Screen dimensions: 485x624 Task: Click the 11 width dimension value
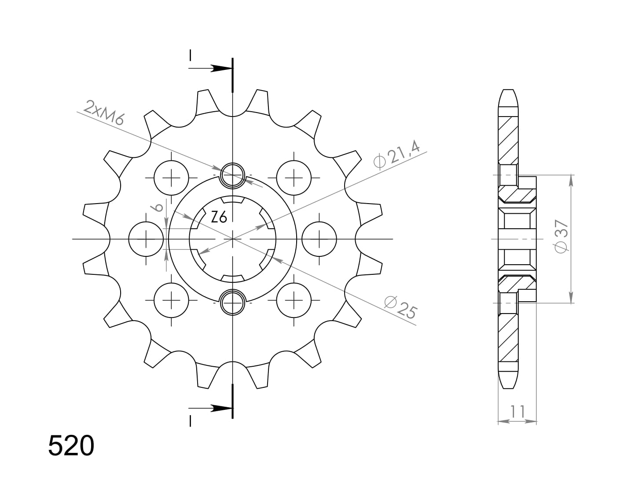coord(518,412)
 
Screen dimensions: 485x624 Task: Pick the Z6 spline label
coord(219,217)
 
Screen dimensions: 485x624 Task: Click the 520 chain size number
coord(71,446)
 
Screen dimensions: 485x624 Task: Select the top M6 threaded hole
coord(232,175)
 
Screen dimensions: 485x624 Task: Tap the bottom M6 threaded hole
coord(232,303)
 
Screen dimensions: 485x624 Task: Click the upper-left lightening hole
coord(171,178)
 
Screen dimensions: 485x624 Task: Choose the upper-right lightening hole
coord(294,178)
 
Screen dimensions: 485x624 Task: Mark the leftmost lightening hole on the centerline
coord(146,239)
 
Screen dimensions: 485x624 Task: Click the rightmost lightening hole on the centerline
coord(319,239)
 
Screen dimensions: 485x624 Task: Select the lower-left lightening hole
coord(171,300)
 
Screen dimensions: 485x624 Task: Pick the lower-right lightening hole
coord(294,300)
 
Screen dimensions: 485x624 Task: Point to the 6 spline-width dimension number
coord(159,207)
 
